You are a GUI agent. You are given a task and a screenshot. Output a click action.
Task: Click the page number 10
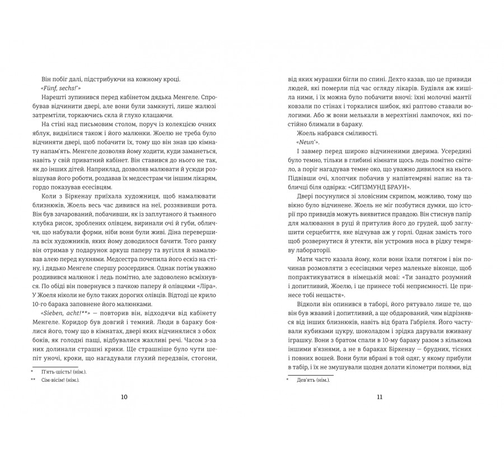click(124, 397)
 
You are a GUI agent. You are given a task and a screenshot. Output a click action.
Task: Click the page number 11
click(379, 397)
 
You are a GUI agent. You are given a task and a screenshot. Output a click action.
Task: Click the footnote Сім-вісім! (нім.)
click(62, 381)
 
